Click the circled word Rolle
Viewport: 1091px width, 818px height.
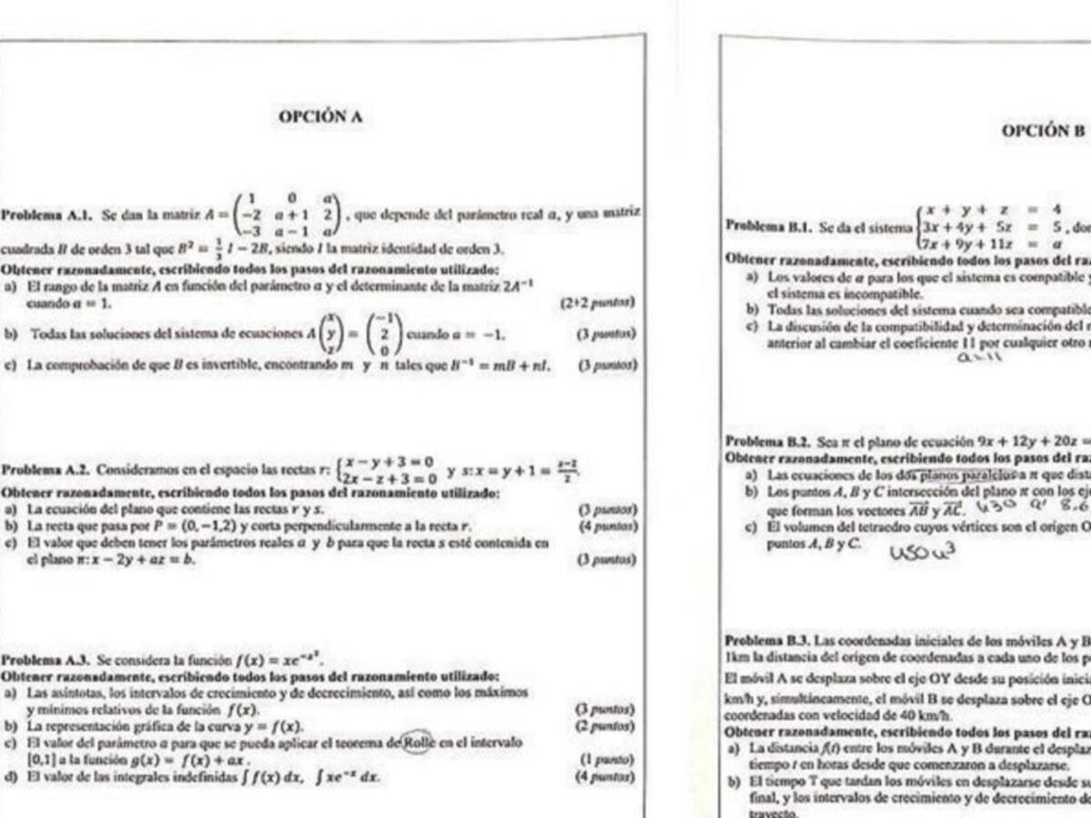point(421,742)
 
